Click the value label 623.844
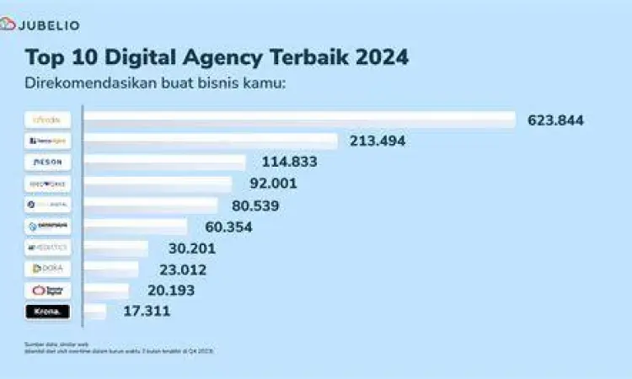555,120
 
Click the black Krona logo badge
48,312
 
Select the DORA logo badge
48,269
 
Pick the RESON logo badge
48,162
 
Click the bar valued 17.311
95,312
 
